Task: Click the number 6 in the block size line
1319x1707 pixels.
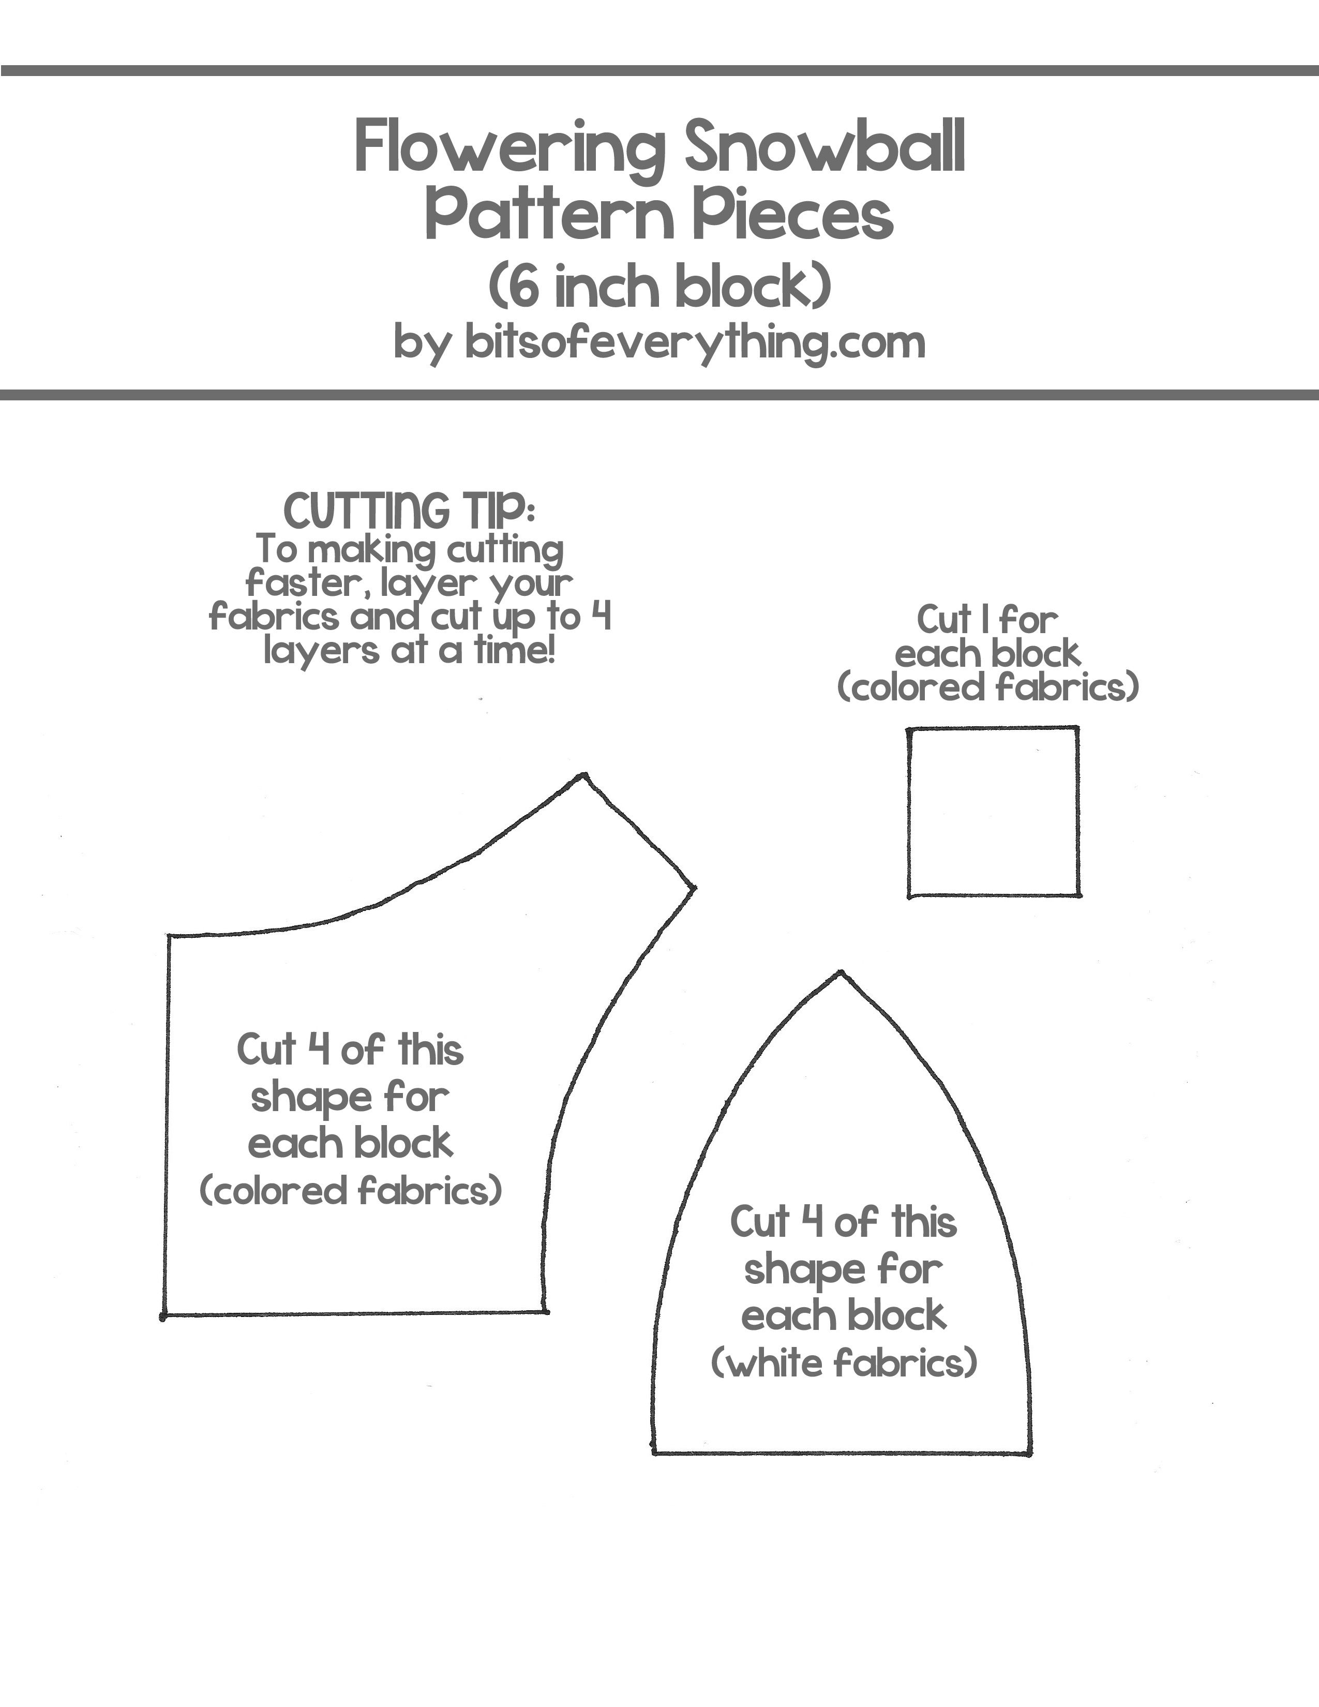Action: (x=526, y=287)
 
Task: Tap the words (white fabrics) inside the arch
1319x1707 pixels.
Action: (x=844, y=1364)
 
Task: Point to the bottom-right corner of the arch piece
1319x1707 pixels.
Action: (x=1029, y=1454)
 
